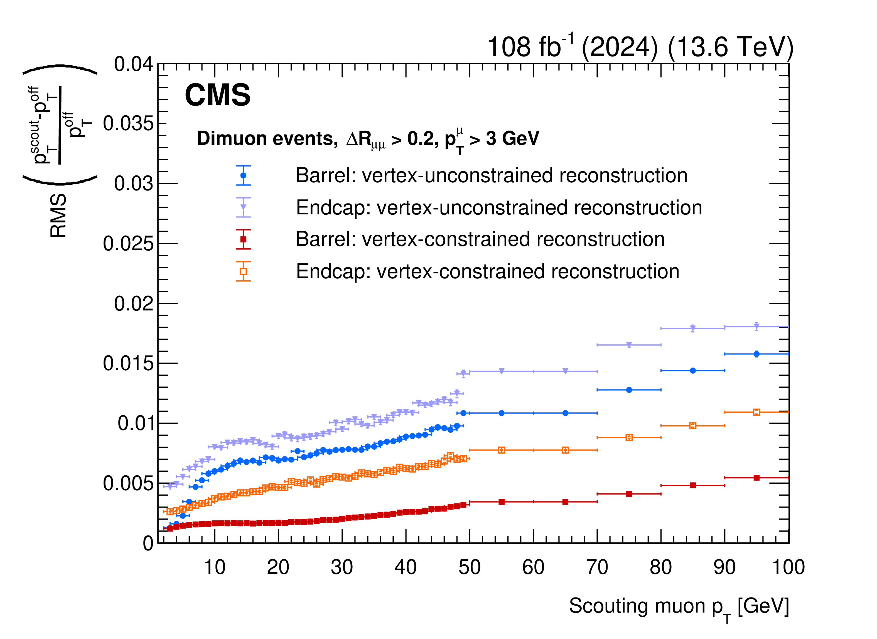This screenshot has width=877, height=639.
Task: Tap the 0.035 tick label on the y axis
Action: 128,124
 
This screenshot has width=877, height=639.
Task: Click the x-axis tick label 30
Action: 342,567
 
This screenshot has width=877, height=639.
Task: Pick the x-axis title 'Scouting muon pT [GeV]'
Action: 679,606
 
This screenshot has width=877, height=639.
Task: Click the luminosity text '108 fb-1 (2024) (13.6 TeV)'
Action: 640,47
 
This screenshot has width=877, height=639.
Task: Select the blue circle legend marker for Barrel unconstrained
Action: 243,175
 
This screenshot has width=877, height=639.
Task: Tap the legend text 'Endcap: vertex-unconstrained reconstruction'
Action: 499,208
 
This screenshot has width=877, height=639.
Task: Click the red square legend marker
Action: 243,239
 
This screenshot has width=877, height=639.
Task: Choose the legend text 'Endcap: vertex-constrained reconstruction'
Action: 487,271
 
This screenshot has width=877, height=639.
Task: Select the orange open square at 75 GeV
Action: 629,437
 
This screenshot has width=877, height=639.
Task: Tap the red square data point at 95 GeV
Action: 756,478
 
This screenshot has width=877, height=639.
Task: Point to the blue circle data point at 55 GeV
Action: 502,413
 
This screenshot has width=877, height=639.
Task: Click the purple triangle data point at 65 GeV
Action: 565,371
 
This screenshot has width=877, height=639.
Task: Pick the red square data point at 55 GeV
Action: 502,502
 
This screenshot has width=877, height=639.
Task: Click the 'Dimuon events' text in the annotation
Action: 267,138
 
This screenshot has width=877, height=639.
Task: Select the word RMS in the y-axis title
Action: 59,216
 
